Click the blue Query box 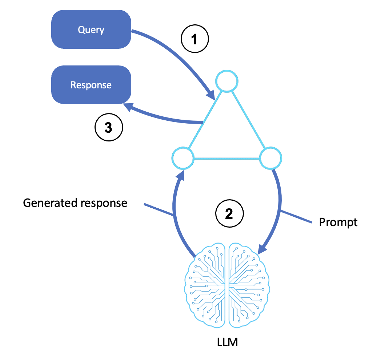[x=91, y=29]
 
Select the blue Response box [x=91, y=85]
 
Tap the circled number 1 [x=195, y=39]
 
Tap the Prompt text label [x=338, y=222]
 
